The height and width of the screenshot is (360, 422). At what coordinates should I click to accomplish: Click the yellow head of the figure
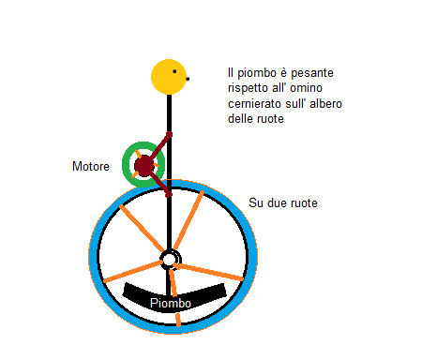pyautogui.click(x=169, y=77)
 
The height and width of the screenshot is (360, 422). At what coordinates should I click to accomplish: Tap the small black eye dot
pyautogui.click(x=188, y=79)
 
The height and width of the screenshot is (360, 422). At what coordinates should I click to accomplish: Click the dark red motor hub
pyautogui.click(x=143, y=166)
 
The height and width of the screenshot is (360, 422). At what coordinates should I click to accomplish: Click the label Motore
pyautogui.click(x=92, y=167)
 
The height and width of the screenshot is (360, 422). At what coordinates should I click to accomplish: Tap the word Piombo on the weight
pyautogui.click(x=172, y=304)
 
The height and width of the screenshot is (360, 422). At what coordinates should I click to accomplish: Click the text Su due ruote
pyautogui.click(x=283, y=202)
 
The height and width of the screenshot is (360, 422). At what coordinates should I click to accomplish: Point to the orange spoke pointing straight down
pyautogui.click(x=174, y=301)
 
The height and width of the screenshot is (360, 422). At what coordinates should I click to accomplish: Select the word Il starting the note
pyautogui.click(x=232, y=72)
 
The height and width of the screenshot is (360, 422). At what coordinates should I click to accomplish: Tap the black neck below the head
pyautogui.click(x=170, y=112)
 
